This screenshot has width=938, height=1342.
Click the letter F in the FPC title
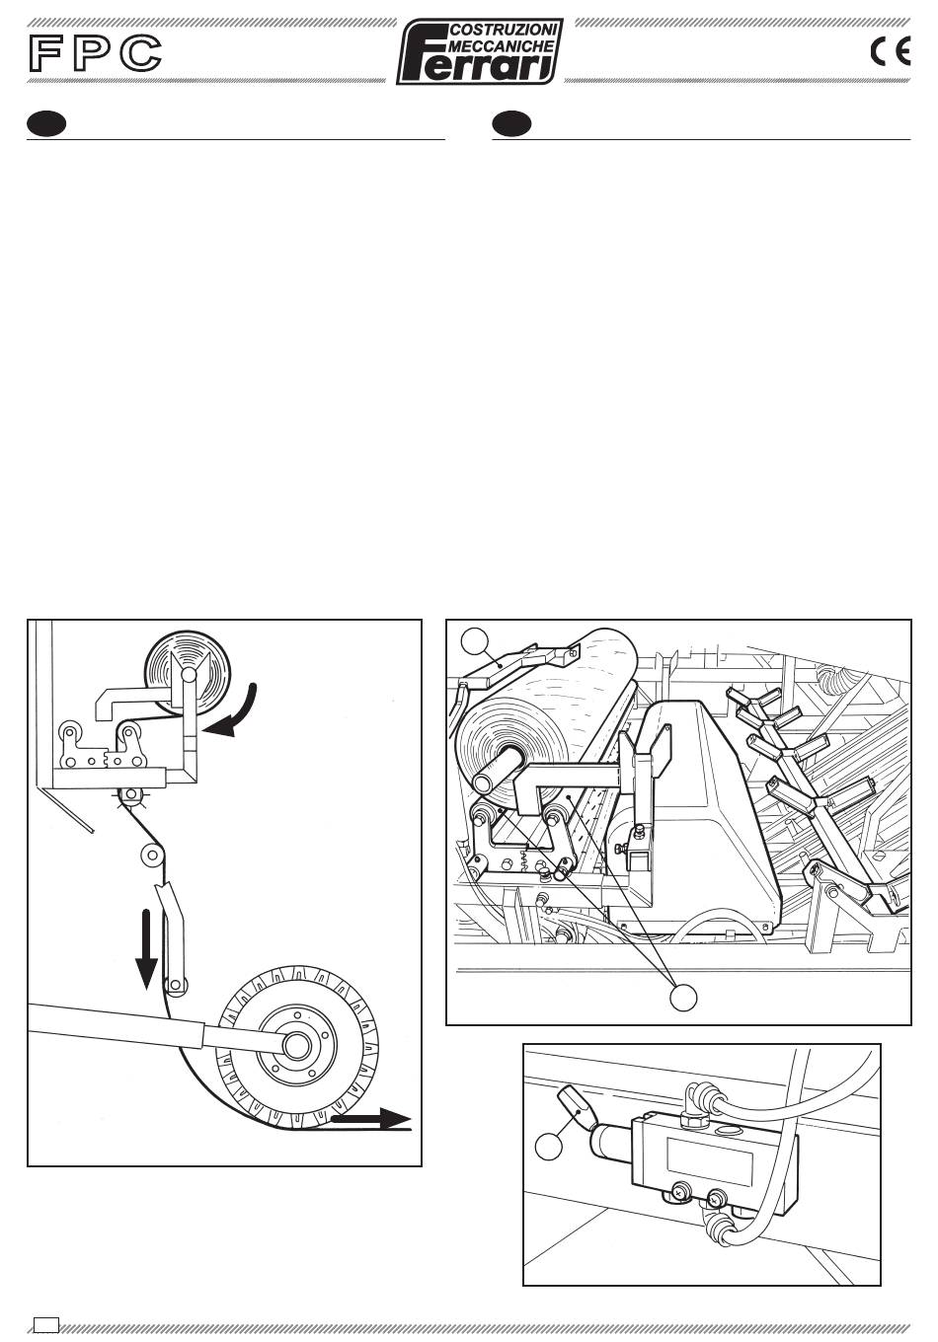pos(46,53)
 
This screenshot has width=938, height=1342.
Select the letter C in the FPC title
pos(140,53)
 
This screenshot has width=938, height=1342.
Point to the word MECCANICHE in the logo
pos(501,46)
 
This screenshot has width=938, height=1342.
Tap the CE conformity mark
pos(891,51)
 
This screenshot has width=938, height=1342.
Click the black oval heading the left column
pos(46,124)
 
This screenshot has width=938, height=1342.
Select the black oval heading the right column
pos(511,124)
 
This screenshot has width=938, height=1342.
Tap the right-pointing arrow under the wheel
pos(370,1119)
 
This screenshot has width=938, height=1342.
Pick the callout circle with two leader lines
pos(683,998)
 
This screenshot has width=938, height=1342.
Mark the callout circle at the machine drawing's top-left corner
pos(475,641)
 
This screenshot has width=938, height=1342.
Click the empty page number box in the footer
pos(46,1324)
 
